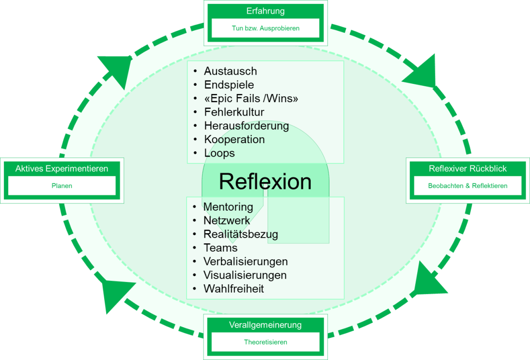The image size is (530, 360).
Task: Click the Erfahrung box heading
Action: (265, 11)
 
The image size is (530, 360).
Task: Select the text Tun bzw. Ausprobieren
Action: (265, 28)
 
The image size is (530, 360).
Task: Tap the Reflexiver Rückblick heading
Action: (467, 169)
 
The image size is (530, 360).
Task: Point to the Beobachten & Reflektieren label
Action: (467, 186)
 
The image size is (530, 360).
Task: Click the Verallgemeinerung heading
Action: (265, 325)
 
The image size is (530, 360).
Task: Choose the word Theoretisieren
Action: (265, 342)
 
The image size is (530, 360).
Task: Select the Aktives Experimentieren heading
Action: (62, 169)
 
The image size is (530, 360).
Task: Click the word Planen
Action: (62, 186)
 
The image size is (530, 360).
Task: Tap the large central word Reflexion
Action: (265, 182)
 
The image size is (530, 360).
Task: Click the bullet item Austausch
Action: (230, 71)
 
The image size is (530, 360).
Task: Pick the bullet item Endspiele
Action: (229, 85)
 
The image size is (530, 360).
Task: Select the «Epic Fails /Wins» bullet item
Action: (251, 99)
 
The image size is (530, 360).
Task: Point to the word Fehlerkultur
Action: (234, 112)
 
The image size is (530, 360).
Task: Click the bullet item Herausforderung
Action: (246, 126)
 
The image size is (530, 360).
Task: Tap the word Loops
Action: (219, 153)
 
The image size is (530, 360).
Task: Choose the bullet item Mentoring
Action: (228, 207)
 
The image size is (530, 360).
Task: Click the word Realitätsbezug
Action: (241, 234)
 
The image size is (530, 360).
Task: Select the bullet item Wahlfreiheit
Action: (233, 289)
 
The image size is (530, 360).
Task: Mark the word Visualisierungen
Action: (245, 275)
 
